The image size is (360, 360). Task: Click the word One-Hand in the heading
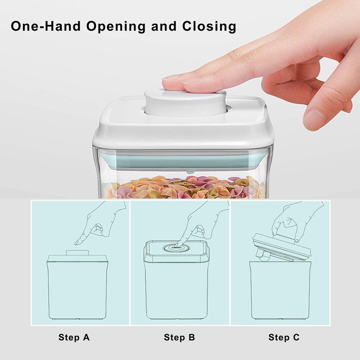coord(46,26)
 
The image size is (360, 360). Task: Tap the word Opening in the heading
coord(116,27)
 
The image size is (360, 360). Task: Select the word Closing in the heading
coord(209,27)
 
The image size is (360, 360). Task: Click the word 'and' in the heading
coord(164,26)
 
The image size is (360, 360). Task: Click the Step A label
coord(74,337)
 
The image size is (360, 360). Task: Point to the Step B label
coord(179,337)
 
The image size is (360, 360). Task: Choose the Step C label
coord(284,337)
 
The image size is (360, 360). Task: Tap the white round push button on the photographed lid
coord(185,101)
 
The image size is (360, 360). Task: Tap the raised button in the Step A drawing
coord(77,252)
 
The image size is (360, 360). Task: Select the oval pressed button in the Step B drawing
coord(176,248)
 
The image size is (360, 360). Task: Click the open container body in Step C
coord(281,290)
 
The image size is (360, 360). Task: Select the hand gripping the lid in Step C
coord(296,221)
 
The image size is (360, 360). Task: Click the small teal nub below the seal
coord(190,172)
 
